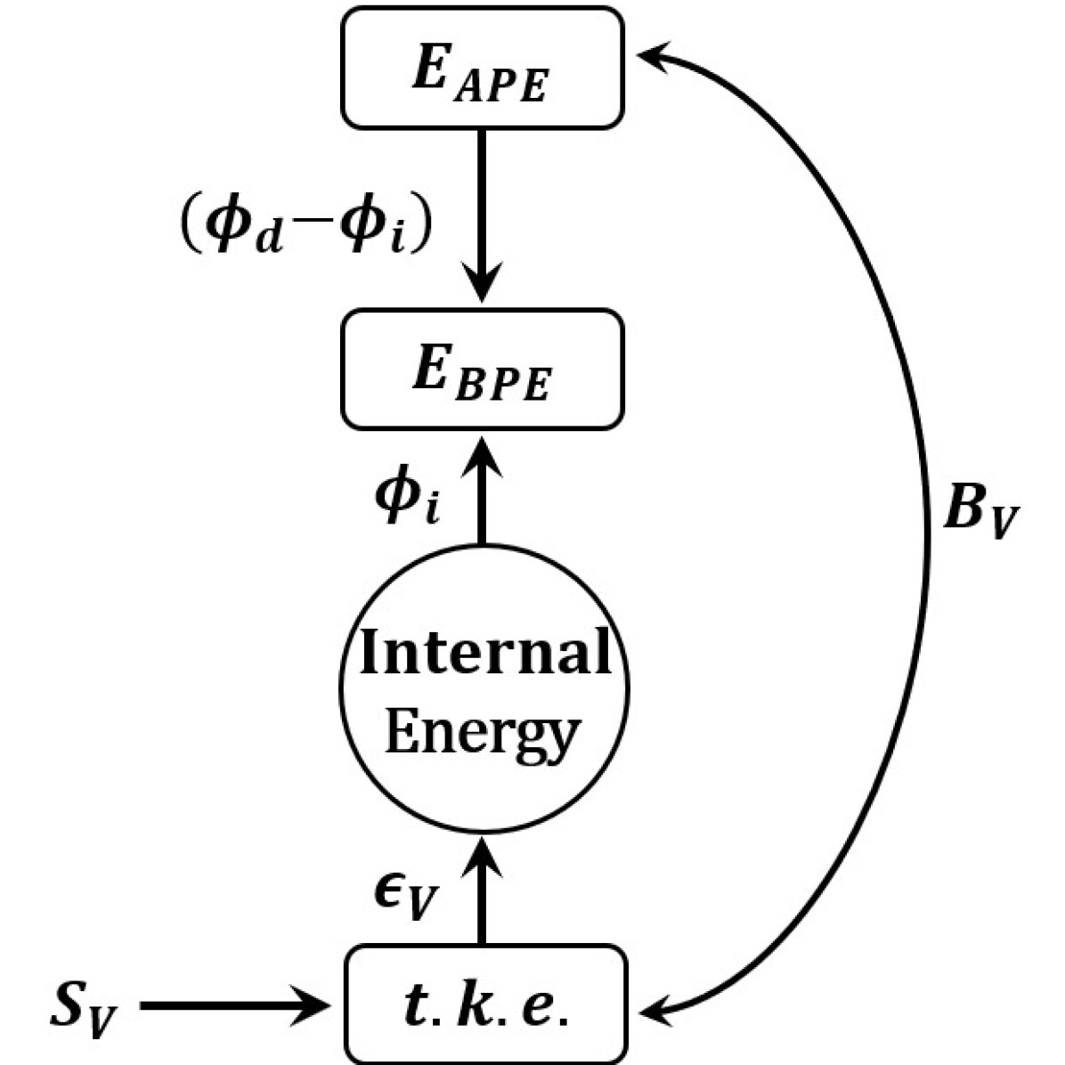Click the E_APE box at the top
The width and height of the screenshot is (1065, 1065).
(x=483, y=68)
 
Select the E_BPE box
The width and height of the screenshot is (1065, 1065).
(x=483, y=369)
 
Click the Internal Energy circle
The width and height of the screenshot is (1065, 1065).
(x=484, y=690)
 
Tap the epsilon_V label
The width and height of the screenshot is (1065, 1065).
(x=405, y=898)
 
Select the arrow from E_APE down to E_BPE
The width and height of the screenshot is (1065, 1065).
(x=482, y=214)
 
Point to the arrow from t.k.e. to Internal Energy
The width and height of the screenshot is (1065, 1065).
(x=482, y=890)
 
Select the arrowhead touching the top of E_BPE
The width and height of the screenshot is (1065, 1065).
(x=482, y=454)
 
